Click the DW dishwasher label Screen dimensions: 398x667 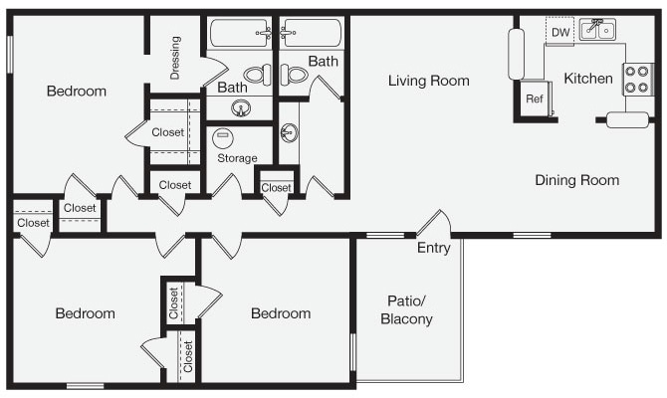click(560, 33)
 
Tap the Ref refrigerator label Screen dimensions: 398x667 click(535, 99)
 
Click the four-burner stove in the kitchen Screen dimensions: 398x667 click(636, 79)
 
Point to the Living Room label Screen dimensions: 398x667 click(428, 81)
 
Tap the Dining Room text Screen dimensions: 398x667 click(576, 180)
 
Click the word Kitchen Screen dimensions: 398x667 click(588, 79)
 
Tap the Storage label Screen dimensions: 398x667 click(237, 158)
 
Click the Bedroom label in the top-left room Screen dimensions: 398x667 click(77, 92)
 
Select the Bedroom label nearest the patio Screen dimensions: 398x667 click(281, 313)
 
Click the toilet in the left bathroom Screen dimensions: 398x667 click(256, 73)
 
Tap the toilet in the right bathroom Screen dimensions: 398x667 click(294, 73)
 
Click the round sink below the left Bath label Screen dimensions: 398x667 click(240, 108)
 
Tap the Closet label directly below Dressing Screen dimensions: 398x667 click(168, 132)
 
